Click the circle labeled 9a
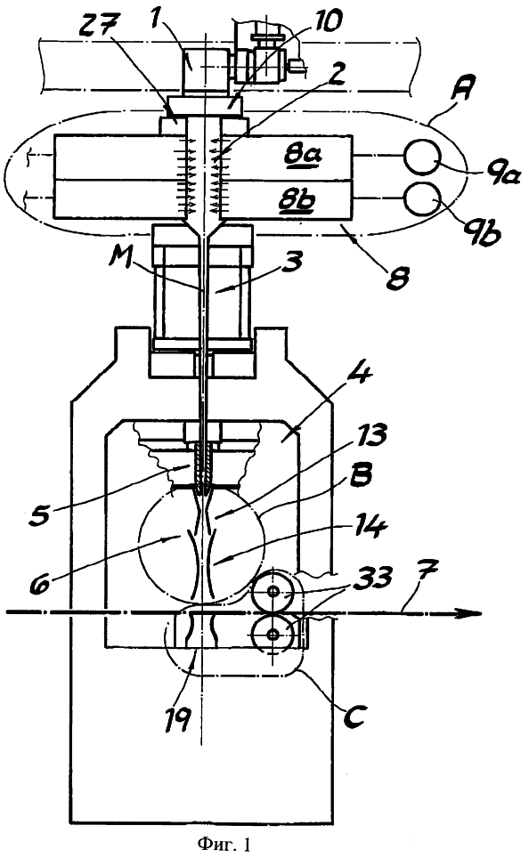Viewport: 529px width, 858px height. (x=422, y=156)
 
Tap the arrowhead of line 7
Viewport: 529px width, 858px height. (x=472, y=613)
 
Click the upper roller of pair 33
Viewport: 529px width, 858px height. (x=273, y=591)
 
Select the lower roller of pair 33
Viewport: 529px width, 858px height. (x=273, y=634)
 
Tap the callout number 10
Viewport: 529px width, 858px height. (x=325, y=20)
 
